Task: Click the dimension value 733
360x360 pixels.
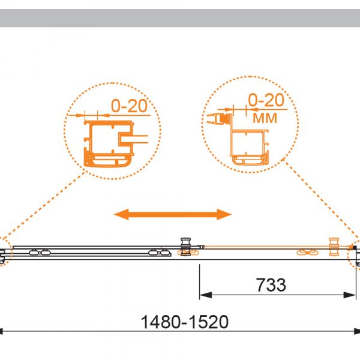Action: pos(271,285)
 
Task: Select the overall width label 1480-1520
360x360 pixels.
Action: pos(185,322)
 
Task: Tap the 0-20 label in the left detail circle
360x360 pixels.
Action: pos(129,106)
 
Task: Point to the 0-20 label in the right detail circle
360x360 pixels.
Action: pos(266,100)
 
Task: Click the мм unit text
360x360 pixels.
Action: pos(265,118)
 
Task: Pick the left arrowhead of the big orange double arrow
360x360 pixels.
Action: pos(121,214)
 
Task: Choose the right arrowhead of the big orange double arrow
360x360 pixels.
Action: pos(224,214)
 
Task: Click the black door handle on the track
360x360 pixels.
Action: pos(186,247)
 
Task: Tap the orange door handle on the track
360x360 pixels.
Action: pos(334,247)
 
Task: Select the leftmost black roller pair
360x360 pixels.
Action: pos(40,253)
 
